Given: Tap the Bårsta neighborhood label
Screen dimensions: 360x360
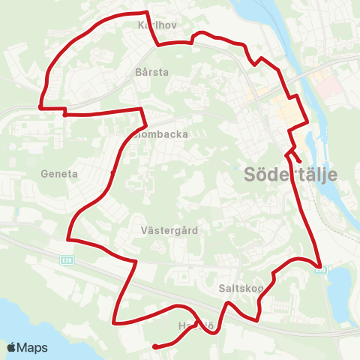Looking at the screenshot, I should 153,72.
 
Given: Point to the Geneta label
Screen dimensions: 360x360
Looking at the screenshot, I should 61,173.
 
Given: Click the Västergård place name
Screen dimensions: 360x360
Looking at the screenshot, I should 169,230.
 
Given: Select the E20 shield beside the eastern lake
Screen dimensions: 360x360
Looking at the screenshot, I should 321,271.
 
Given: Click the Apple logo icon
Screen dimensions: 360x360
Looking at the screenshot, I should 12,347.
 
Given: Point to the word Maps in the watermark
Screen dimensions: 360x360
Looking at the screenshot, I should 33,347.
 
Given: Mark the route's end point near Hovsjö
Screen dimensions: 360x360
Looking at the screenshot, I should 154,346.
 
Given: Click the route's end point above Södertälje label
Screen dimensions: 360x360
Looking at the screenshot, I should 299,160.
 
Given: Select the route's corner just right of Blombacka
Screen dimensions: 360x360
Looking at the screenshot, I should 142,109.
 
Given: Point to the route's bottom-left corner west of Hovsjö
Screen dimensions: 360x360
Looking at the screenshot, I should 114,323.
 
